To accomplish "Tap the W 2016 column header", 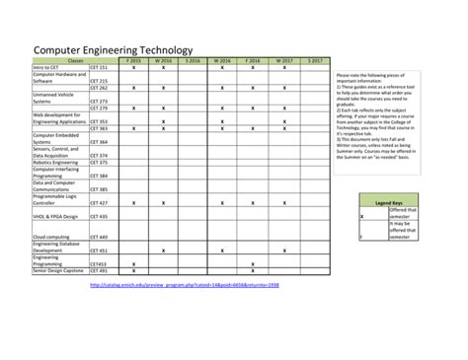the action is point(163,60).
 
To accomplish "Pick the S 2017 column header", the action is point(313,60).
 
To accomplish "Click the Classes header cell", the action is point(74,60).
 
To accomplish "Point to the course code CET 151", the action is point(99,67).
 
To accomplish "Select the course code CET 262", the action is point(99,88).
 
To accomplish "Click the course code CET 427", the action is point(99,202).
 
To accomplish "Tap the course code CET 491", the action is point(99,270).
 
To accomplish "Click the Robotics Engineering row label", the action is point(55,162).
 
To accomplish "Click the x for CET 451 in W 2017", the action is point(283,251).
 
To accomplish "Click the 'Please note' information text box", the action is point(393,117).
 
